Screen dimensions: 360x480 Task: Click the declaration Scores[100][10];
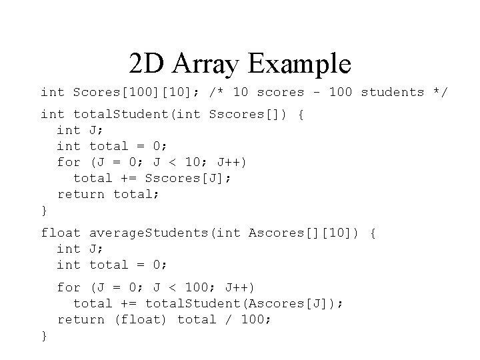click(137, 92)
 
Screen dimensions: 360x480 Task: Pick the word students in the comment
click(392, 92)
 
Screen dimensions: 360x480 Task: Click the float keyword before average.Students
click(61, 233)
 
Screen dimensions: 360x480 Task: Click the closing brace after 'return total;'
click(44, 211)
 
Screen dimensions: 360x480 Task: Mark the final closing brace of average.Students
click(44, 336)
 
